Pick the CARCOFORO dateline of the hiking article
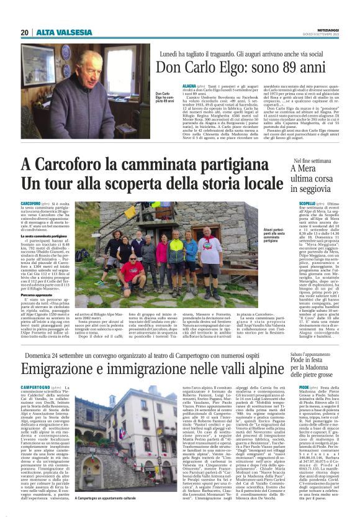coord(31,203)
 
